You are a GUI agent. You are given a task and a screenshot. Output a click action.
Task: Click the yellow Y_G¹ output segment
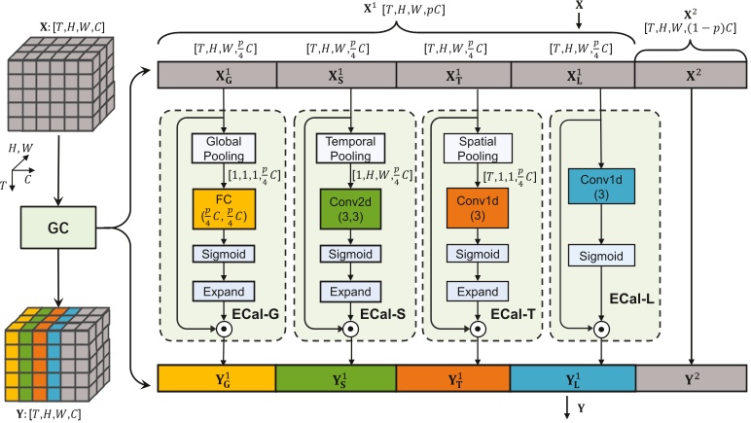(216, 376)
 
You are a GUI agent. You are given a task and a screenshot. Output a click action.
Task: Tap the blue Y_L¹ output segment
(574, 376)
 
